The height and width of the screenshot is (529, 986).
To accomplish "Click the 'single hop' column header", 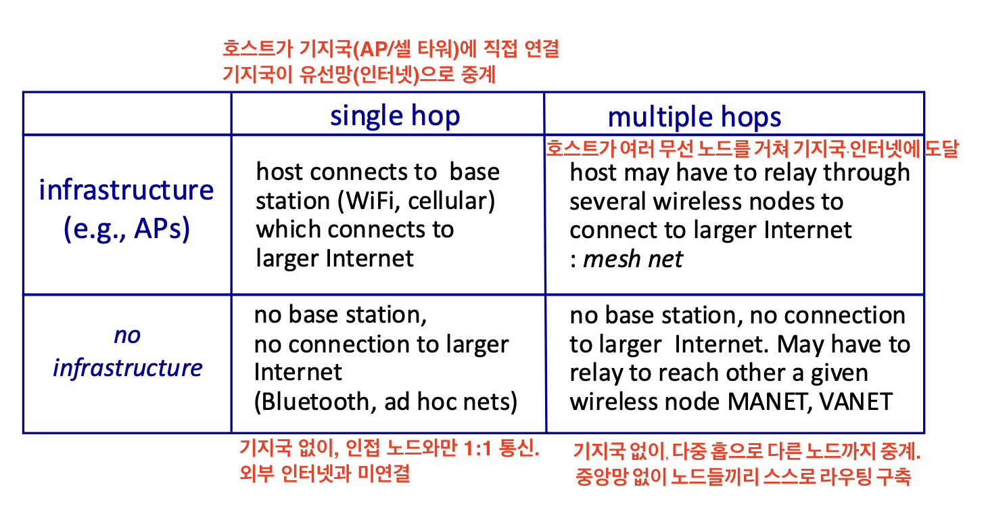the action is pos(395,116).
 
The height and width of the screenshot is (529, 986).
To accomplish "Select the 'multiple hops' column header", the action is pos(694,117).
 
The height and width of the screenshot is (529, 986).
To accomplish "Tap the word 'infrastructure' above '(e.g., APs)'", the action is pos(126,190).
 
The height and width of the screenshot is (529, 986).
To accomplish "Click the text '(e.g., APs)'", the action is pos(126,229).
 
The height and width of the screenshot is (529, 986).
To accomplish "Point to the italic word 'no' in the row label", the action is pos(127,336).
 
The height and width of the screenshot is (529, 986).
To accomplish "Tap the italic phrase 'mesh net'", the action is pos(633,259).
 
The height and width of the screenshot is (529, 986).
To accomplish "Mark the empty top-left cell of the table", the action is pos(127,114).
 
